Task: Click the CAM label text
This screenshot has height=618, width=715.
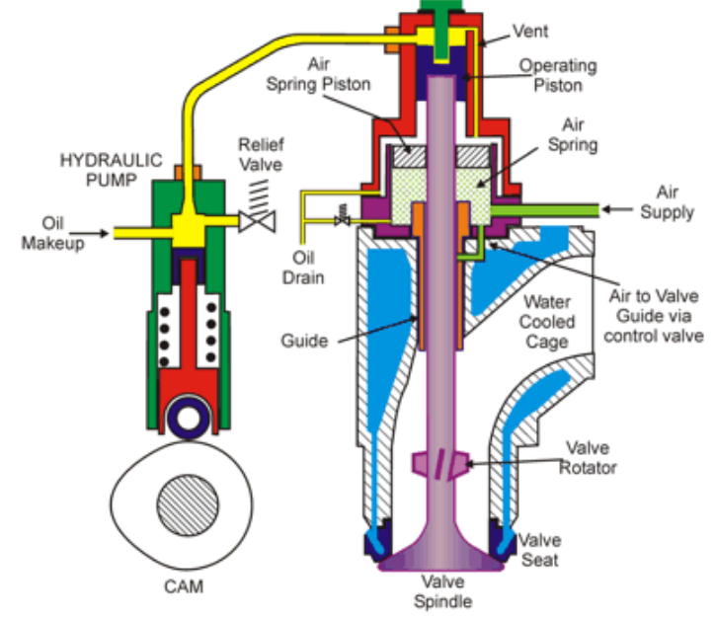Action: tap(184, 586)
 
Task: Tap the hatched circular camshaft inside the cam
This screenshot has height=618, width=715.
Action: tap(188, 505)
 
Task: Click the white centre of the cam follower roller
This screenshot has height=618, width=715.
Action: tap(188, 419)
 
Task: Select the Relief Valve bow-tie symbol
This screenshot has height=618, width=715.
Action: tap(257, 222)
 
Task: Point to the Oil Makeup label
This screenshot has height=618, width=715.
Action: tap(53, 233)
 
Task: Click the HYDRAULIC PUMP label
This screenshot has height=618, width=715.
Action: tap(112, 170)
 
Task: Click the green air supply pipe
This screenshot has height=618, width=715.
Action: tap(545, 210)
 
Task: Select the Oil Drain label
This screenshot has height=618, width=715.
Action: tap(303, 268)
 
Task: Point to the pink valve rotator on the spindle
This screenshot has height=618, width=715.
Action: tap(440, 464)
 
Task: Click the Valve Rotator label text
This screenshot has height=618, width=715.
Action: tap(588, 457)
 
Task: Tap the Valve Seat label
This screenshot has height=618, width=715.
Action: tap(540, 550)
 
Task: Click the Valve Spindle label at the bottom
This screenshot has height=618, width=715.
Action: tap(442, 591)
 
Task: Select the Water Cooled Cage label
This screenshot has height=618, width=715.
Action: tap(547, 322)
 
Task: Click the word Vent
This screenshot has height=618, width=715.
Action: tap(530, 31)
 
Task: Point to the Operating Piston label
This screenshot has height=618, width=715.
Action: tap(558, 75)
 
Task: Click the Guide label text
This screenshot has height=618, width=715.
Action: tap(304, 341)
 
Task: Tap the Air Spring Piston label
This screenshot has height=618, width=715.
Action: tap(318, 74)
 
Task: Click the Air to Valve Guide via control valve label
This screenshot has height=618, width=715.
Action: tap(654, 316)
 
